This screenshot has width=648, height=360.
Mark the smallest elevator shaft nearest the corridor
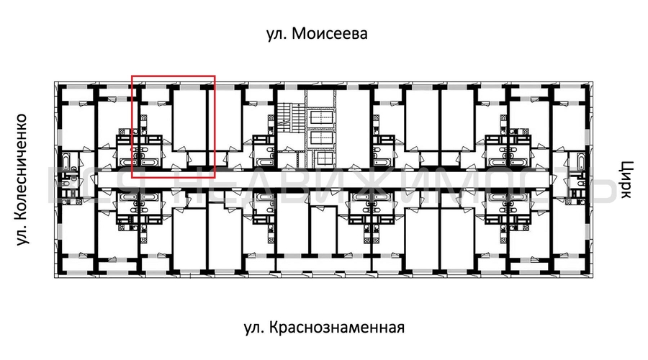coord(324,157)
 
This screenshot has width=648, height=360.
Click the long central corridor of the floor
coord(324,177)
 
